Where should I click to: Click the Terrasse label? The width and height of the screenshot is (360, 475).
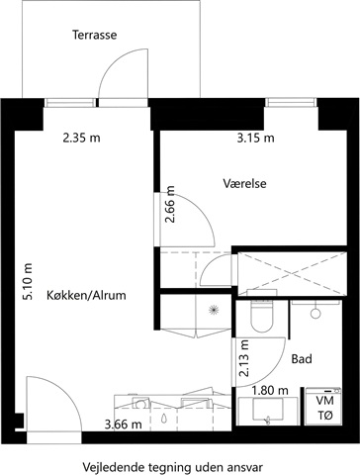(95, 35)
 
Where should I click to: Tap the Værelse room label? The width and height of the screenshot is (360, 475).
(244, 183)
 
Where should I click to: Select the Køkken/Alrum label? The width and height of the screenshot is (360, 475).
(86, 295)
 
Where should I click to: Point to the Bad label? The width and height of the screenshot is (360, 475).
(302, 359)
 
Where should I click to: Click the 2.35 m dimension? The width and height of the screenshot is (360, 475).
(81, 138)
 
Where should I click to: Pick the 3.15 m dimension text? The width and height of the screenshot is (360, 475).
(255, 138)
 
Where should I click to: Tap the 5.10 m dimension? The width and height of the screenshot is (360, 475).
(28, 281)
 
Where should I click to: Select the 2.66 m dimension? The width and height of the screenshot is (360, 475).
(170, 205)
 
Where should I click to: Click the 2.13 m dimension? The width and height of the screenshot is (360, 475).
(244, 358)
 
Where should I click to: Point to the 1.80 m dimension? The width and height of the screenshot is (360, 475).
(270, 391)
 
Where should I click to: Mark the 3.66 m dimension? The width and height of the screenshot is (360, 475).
(124, 425)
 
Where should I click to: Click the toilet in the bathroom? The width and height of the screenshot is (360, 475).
(262, 316)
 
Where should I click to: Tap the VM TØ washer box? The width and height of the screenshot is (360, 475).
(323, 407)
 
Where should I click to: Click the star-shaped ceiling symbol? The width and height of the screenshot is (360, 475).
(214, 310)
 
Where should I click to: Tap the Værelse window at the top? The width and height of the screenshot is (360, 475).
(291, 103)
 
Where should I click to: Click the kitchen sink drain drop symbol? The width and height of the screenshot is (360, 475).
(164, 419)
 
